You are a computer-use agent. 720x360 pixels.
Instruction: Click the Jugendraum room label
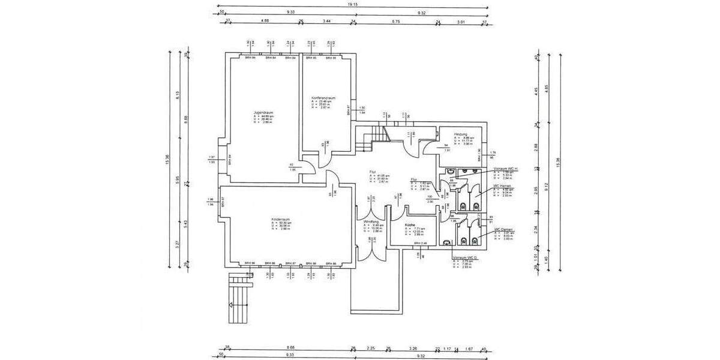click(263, 112)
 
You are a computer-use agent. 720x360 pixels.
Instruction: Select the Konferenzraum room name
click(323, 97)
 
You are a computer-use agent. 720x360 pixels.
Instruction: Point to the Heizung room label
click(461, 134)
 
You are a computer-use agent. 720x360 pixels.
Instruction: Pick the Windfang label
click(371, 221)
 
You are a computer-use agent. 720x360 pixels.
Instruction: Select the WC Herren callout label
click(502, 186)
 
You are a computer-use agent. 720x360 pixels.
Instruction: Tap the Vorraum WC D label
click(464, 257)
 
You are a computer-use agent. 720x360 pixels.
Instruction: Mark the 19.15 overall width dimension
click(352, 4)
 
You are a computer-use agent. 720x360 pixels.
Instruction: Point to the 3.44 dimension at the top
click(327, 21)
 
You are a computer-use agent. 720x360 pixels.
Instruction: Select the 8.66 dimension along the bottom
click(291, 347)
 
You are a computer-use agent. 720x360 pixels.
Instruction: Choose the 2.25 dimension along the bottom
click(371, 347)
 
